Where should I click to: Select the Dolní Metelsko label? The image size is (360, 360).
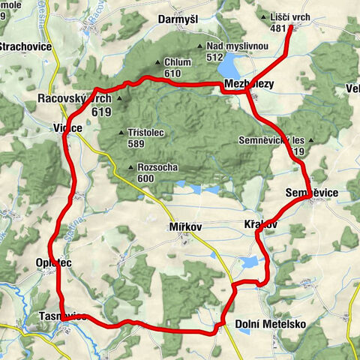coord(271,324)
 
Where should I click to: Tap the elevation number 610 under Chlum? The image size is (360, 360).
coord(172,73)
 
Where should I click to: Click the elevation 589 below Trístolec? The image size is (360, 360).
coord(136,143)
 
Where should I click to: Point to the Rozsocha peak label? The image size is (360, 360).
coord(157,168)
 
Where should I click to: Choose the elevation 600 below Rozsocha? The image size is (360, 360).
coord(145,178)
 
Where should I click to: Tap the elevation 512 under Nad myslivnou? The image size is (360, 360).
coord(215,56)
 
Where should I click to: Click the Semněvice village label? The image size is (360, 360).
coord(312,193)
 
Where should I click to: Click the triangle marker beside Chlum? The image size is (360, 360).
coord(157,63)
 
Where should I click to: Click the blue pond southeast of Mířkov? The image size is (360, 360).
coord(249,262)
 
